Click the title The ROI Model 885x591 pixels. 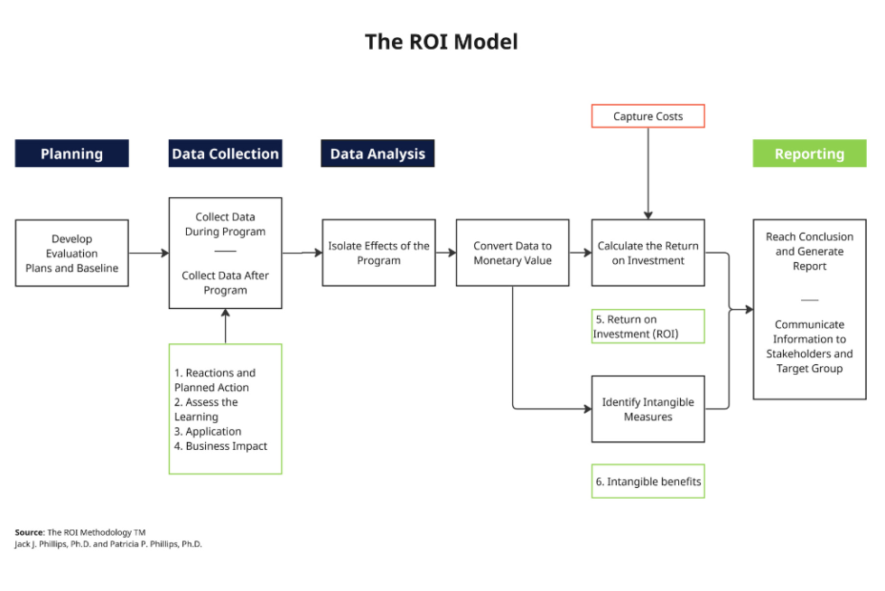click(x=441, y=42)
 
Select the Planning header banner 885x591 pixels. click(x=71, y=154)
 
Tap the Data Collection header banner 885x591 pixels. click(x=225, y=154)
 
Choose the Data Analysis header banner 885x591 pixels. click(x=377, y=154)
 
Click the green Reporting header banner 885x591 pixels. click(x=809, y=154)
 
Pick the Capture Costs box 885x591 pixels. click(x=647, y=117)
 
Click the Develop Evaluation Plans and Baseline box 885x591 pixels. click(x=71, y=254)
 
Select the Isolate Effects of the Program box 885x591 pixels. click(x=378, y=253)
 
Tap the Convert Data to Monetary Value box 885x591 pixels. click(x=512, y=253)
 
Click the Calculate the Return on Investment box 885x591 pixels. click(x=647, y=253)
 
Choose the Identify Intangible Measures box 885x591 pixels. click(x=647, y=409)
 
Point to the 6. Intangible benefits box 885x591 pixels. click(x=647, y=482)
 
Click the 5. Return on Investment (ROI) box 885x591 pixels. click(x=647, y=326)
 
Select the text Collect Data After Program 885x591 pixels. click(x=225, y=283)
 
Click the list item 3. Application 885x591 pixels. click(x=208, y=432)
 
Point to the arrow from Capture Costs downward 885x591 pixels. click(x=647, y=172)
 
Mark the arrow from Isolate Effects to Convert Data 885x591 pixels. click(x=445, y=253)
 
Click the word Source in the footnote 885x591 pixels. click(x=29, y=532)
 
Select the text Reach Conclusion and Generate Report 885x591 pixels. click(x=809, y=251)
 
